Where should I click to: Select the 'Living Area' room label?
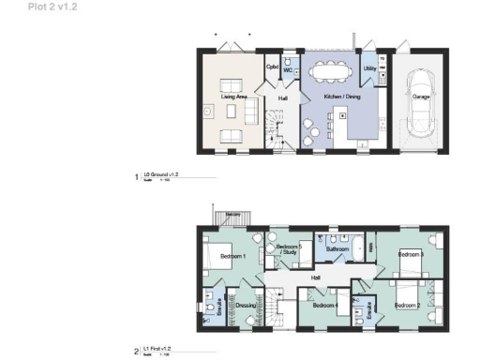[x=234, y=96]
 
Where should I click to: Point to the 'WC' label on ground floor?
[x=289, y=70]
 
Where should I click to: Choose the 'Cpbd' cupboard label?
[x=272, y=67]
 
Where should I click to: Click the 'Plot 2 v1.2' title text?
[x=25, y=6]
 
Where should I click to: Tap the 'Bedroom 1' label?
[x=232, y=256]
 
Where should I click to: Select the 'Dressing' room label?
[x=247, y=305]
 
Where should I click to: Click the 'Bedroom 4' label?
[x=324, y=305]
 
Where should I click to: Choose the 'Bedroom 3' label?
[x=411, y=254]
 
